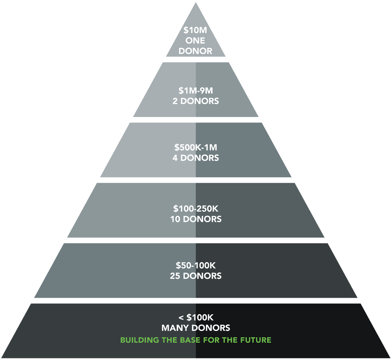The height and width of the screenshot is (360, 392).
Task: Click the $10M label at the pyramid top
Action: pyautogui.click(x=195, y=30)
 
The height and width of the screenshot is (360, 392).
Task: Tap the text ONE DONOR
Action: pyautogui.click(x=195, y=46)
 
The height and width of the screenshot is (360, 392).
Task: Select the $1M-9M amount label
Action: pyautogui.click(x=195, y=91)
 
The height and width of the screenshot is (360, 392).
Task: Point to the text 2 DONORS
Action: pyautogui.click(x=195, y=101)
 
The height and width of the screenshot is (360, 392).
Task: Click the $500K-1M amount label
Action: pyautogui.click(x=195, y=148)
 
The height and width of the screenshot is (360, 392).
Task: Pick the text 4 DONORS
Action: pyautogui.click(x=195, y=158)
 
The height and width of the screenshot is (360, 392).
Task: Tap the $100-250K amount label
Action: pyautogui.click(x=195, y=209)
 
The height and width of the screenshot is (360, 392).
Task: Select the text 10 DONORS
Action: pyautogui.click(x=195, y=219)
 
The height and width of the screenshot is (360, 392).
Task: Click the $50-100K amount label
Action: pyautogui.click(x=195, y=265)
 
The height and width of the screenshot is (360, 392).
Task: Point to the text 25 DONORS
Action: pyautogui.click(x=195, y=276)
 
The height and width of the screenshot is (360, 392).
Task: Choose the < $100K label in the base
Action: pyautogui.click(x=195, y=318)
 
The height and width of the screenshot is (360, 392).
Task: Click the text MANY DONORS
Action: pyautogui.click(x=195, y=328)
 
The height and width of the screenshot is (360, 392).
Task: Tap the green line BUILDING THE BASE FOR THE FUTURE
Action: pyautogui.click(x=195, y=340)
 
